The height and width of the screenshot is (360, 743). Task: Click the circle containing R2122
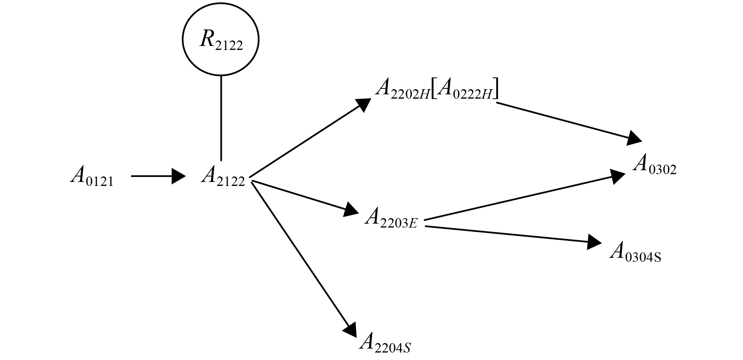click(221, 39)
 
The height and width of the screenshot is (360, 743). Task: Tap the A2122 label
click(223, 176)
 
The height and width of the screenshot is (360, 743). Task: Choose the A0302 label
click(654, 165)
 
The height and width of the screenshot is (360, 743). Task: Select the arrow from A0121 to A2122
click(157, 176)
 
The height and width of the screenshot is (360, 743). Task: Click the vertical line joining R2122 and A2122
click(221, 118)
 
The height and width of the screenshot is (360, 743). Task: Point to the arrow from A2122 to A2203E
click(303, 197)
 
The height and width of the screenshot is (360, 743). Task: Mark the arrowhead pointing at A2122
click(178, 176)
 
